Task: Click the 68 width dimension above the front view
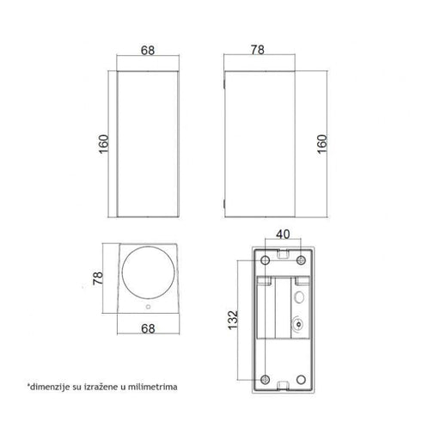point(147,51)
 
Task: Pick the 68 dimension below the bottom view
point(147,327)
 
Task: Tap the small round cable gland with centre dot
point(296,326)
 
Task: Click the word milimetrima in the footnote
point(150,387)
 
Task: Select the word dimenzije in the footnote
point(47,387)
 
